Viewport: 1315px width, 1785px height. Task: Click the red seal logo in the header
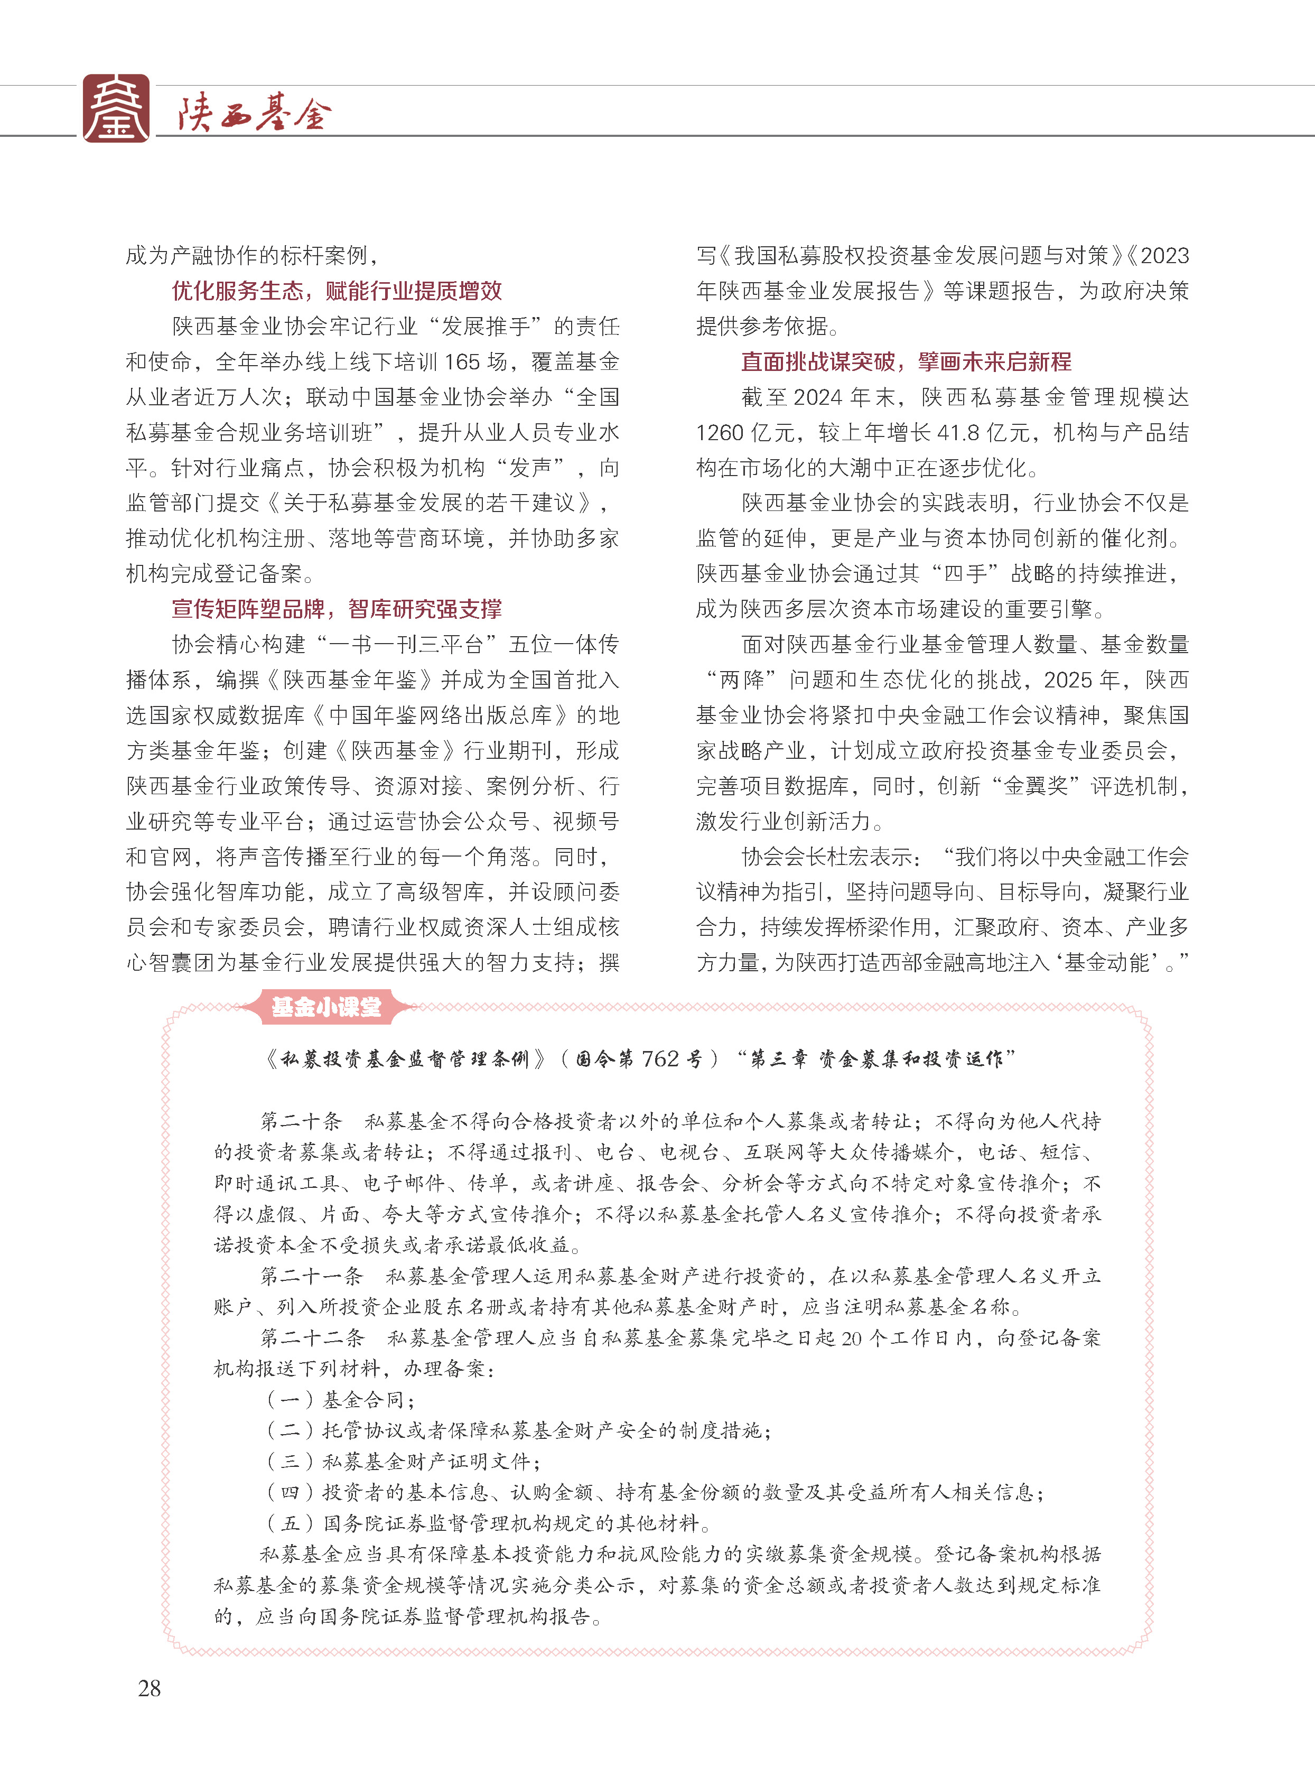(x=116, y=108)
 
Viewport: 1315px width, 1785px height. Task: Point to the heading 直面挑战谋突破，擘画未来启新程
(x=906, y=362)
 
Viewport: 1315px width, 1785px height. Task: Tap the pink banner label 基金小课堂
(x=327, y=1008)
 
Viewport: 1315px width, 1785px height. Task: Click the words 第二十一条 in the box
(x=311, y=1276)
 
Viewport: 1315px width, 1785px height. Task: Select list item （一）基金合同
(x=341, y=1400)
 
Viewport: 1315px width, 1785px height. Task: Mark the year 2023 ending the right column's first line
(x=1164, y=256)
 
